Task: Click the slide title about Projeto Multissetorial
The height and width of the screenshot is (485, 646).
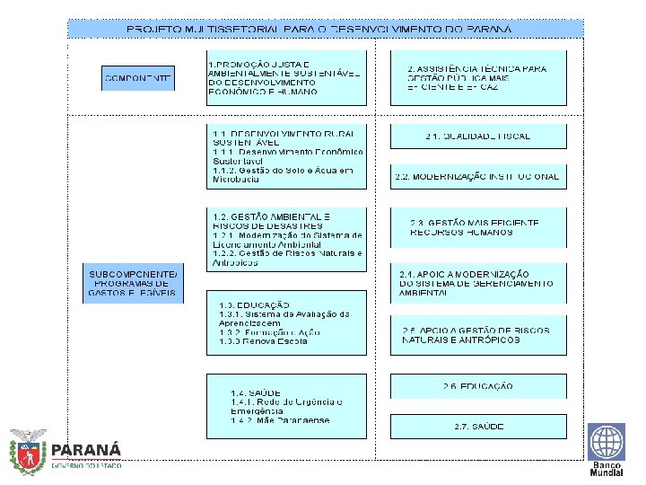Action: (319, 29)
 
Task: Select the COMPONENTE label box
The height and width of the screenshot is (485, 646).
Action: (138, 79)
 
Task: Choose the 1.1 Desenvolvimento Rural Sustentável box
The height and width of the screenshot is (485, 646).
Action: (286, 154)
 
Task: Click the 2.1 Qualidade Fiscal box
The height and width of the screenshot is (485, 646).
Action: (478, 136)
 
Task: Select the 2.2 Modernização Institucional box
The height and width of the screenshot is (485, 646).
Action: (478, 176)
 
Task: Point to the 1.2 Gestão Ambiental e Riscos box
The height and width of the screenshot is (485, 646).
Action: (286, 240)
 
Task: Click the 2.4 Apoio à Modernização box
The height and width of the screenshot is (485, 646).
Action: (478, 282)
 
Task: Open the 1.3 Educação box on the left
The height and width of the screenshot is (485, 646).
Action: (286, 322)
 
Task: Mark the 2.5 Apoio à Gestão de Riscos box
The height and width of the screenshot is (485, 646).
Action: (478, 335)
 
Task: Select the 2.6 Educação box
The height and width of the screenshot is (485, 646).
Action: (478, 386)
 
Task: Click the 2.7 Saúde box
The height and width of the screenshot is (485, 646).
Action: (478, 426)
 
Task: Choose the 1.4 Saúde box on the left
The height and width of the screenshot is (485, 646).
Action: (286, 406)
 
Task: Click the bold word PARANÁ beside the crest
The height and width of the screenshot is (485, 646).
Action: (86, 449)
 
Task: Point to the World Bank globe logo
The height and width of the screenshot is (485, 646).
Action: (607, 441)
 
